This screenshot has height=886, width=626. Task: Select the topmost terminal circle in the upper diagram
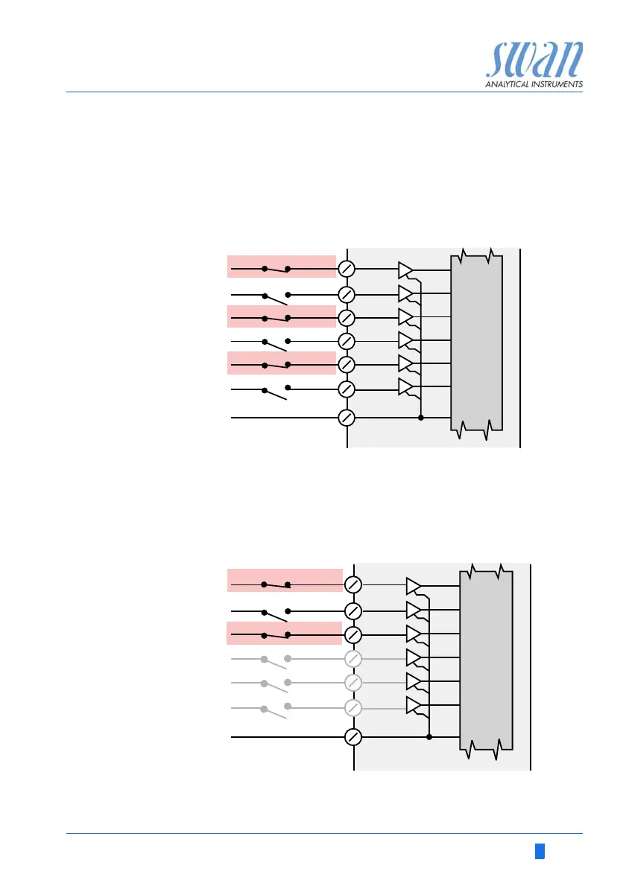click(x=347, y=268)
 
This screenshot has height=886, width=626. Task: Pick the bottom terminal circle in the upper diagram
click(x=347, y=418)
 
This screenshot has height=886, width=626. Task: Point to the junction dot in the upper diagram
click(x=421, y=418)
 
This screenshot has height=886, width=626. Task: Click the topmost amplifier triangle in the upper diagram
click(x=405, y=270)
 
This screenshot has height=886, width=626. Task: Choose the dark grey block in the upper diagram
click(x=477, y=342)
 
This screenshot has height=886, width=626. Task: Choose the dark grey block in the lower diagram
click(x=486, y=660)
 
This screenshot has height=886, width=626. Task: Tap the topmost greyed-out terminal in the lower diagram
click(x=354, y=659)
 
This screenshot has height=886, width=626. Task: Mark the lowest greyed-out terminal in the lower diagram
click(x=354, y=707)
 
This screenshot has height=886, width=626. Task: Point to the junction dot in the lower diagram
click(x=429, y=737)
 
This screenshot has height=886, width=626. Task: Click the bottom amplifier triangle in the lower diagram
click(x=414, y=706)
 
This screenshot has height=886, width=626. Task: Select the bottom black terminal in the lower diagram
click(x=354, y=737)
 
